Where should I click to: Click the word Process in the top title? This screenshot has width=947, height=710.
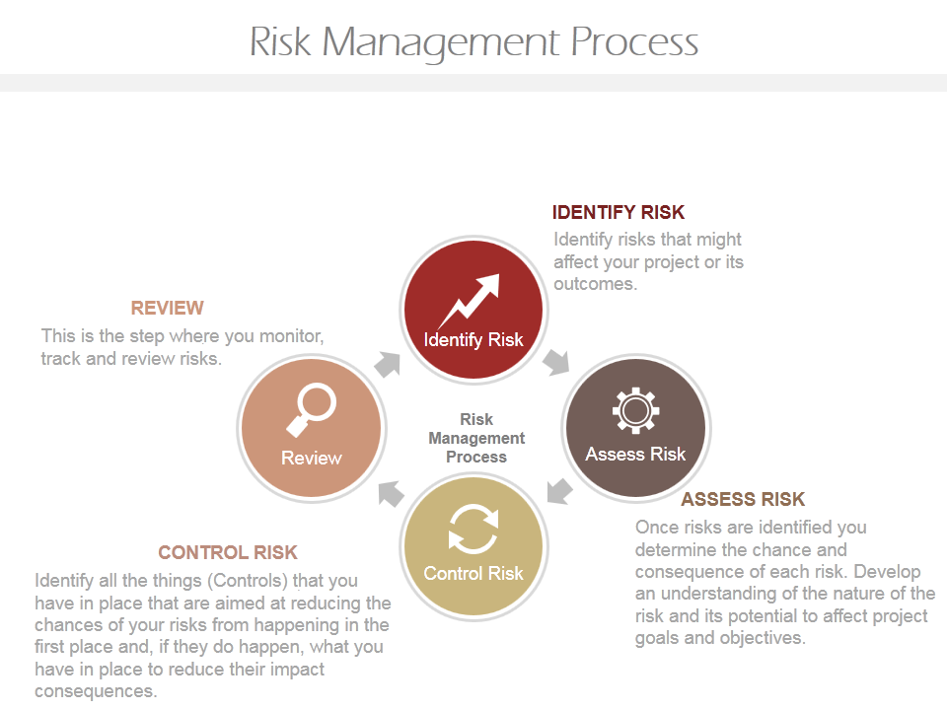(634, 42)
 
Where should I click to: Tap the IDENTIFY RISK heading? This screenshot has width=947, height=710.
(619, 213)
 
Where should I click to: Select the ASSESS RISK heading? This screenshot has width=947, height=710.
(743, 499)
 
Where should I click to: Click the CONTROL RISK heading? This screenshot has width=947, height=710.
(228, 552)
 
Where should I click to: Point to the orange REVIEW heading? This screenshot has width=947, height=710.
(168, 308)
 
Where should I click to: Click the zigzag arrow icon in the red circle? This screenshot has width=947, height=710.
(469, 300)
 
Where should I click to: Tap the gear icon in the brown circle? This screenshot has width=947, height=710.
(635, 410)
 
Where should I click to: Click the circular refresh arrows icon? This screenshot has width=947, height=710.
(473, 529)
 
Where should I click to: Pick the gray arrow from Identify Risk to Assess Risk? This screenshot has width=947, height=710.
(556, 362)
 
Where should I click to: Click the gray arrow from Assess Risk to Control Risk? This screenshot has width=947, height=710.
(558, 490)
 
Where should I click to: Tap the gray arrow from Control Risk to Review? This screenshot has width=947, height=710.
(391, 493)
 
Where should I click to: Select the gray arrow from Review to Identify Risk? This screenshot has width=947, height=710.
(387, 365)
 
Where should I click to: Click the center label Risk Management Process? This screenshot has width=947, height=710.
(476, 438)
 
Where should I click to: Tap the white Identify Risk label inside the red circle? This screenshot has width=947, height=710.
(473, 340)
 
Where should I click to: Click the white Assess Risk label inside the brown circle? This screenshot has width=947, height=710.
(635, 454)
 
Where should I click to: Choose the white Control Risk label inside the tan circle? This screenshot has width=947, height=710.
(473, 573)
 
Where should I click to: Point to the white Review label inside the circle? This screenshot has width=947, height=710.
(311, 459)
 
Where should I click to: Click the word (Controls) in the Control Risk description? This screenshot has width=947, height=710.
(248, 581)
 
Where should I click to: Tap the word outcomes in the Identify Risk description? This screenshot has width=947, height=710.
(596, 284)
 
